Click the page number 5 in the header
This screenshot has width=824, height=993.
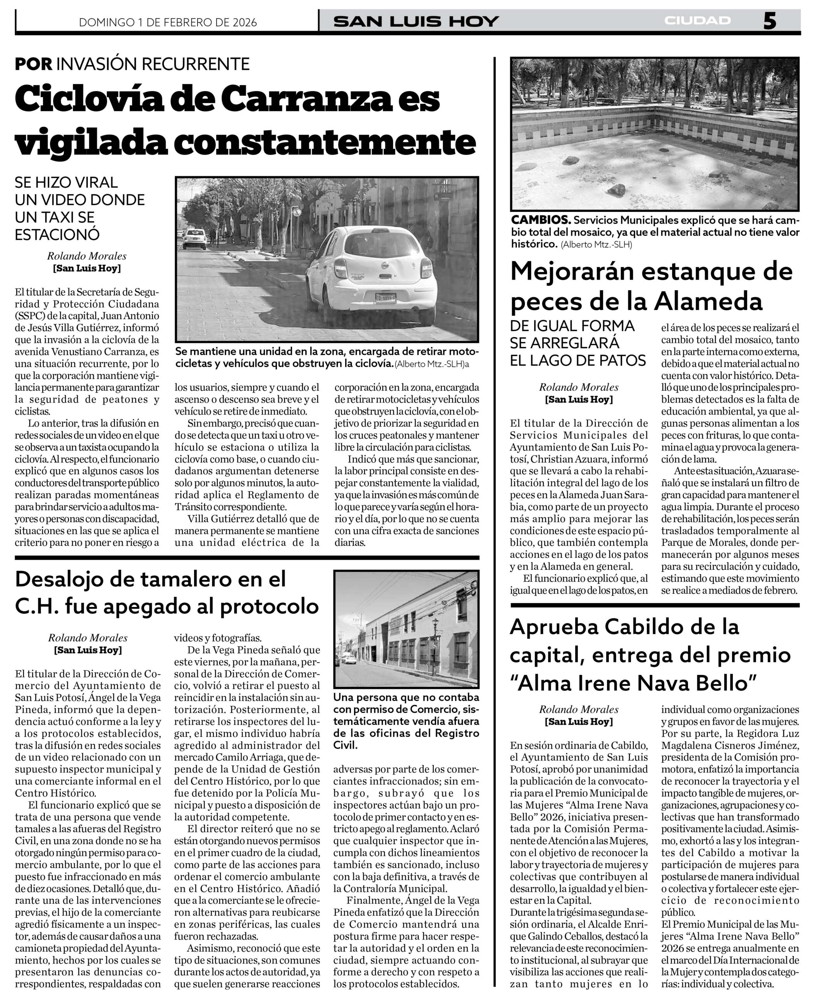769,21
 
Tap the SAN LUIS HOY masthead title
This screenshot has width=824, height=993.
416,21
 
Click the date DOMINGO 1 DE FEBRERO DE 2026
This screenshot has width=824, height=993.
168,22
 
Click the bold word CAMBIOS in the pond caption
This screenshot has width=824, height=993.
541,220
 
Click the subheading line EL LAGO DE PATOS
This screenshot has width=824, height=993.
577,360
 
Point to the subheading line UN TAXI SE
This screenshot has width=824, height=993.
55,217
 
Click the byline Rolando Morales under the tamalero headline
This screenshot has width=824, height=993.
87,638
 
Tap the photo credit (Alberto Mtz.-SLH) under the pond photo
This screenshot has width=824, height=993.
596,245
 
